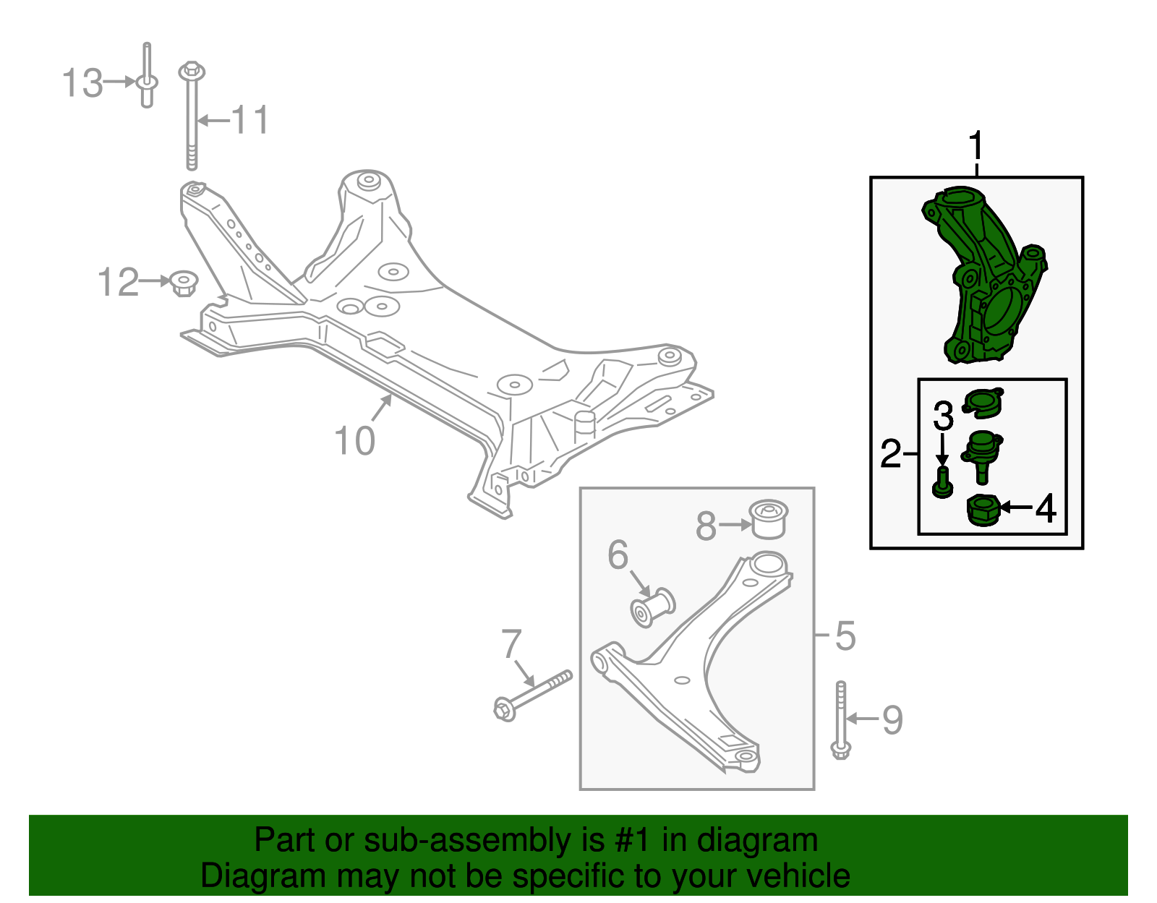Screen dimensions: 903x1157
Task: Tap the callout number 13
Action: (82, 83)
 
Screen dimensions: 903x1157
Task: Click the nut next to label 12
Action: (184, 283)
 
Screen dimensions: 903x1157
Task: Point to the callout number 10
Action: (354, 440)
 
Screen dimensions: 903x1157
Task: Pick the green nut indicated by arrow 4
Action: (982, 510)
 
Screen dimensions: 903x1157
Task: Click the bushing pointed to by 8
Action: (767, 520)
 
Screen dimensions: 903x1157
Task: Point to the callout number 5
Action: (845, 635)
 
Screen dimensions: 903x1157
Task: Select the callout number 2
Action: (890, 453)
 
